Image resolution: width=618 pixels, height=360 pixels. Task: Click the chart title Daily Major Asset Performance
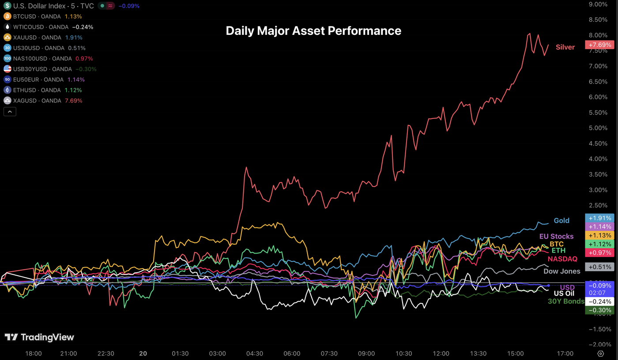click(x=313, y=31)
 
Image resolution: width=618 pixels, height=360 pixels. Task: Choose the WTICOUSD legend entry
click(x=48, y=27)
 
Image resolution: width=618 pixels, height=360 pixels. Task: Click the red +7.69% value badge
click(x=599, y=45)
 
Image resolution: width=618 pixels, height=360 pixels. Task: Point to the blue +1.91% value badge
click(x=599, y=218)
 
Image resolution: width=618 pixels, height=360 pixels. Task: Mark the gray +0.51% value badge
click(x=599, y=267)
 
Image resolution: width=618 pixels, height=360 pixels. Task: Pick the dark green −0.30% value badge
click(x=599, y=310)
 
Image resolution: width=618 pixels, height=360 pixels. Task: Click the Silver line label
click(x=565, y=47)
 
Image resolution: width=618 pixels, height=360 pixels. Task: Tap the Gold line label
click(x=562, y=220)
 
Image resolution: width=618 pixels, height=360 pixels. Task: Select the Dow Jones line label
click(x=561, y=271)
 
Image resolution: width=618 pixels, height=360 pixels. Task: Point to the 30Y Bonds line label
click(x=566, y=301)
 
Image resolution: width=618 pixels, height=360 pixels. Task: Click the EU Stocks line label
click(x=556, y=236)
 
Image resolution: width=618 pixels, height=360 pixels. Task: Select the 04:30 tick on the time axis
click(x=255, y=353)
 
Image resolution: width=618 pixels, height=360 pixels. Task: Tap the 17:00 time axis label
click(x=565, y=353)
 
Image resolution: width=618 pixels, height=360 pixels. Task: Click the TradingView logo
click(x=39, y=337)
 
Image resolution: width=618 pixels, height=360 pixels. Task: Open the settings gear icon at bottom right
click(x=600, y=353)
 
